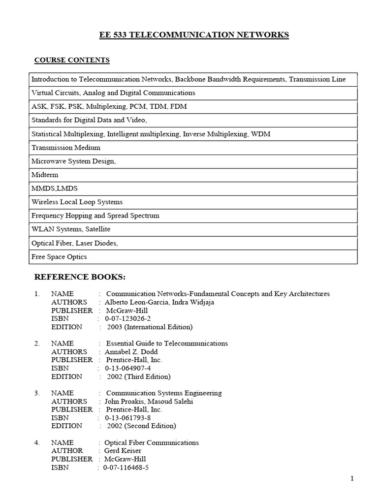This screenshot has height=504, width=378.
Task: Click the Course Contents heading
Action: pos(72,60)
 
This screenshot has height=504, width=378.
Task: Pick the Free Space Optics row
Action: pos(60,257)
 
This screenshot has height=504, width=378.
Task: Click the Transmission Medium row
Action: pos(66,148)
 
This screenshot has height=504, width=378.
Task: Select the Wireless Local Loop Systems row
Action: pos(77,202)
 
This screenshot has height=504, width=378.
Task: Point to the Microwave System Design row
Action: pos(74,161)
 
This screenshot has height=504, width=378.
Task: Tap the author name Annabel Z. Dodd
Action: pos(133,352)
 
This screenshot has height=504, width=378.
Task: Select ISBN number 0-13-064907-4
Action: pos(126,368)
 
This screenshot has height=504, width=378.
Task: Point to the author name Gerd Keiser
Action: pos(123,451)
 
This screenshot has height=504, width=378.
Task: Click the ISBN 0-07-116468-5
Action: pos(126,468)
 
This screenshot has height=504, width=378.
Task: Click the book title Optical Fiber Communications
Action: pos(153,442)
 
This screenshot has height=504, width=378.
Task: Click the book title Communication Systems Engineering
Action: pos(164,393)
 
